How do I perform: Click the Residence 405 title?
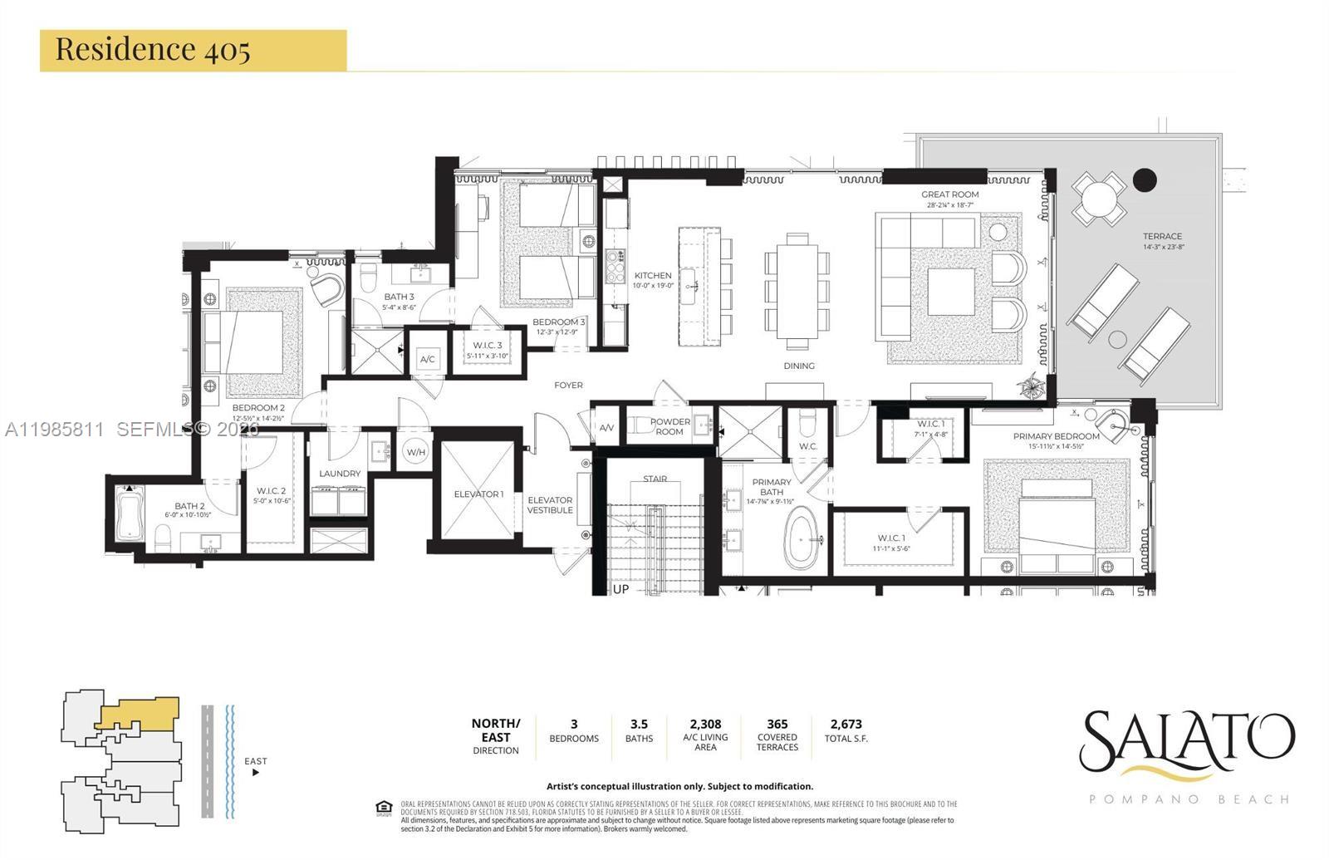153,49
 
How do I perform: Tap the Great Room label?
949,194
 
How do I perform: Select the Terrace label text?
1161,236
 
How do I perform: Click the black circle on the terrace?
1145,179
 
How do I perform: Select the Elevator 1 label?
478,494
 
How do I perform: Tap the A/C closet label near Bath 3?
428,360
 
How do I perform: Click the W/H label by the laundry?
415,453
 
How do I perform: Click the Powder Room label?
669,426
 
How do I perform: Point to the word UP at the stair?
620,589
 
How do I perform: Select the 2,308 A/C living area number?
705,724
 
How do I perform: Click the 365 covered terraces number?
777,724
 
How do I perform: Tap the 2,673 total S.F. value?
846,724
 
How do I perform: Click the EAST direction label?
256,761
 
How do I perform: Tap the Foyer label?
568,385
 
